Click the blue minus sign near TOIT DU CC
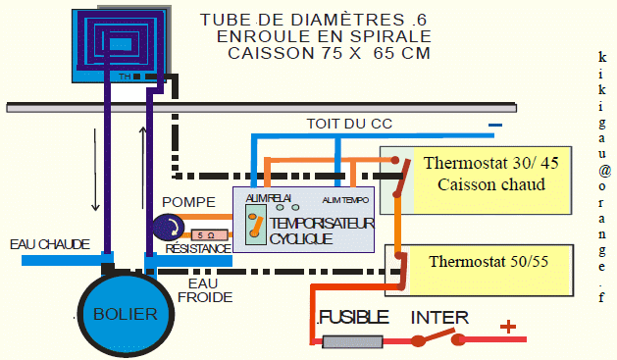coord(495,125)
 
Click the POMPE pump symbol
coord(168,228)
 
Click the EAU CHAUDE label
coord(49,243)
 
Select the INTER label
coord(438,318)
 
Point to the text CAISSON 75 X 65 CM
coord(329,53)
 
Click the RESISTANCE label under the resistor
coord(198,249)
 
